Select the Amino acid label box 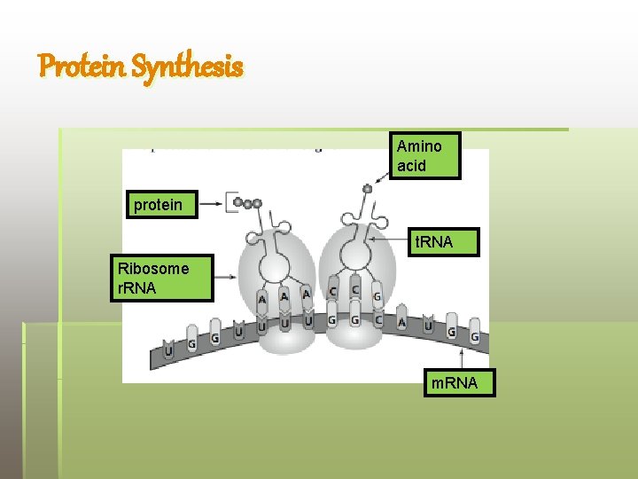click(424, 155)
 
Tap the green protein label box click(159, 206)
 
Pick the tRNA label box click(441, 242)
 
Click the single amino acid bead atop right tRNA click(368, 188)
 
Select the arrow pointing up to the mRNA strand click(462, 358)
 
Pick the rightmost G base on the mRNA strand click(475, 335)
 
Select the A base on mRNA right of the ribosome click(403, 323)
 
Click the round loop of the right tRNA click(355, 255)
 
